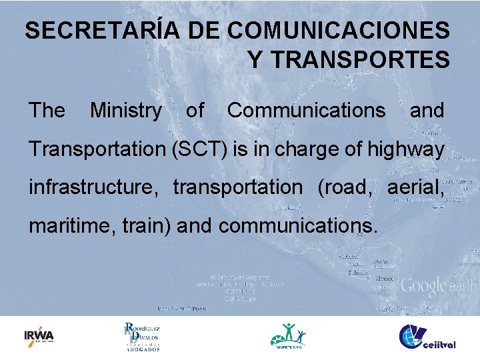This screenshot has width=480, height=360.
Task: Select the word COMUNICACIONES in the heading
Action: pyautogui.click(x=338, y=31)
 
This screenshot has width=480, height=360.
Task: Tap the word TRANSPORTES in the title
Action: pyautogui.click(x=349, y=61)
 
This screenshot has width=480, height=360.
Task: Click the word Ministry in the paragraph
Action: pyautogui.click(x=125, y=110)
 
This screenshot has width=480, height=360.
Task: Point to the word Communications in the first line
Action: pyautogui.click(x=306, y=110)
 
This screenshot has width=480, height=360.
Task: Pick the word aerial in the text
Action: pyautogui.click(x=415, y=187)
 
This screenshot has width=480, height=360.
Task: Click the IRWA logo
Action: pyautogui.click(x=39, y=335)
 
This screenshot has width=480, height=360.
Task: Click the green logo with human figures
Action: pyautogui.click(x=289, y=335)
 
